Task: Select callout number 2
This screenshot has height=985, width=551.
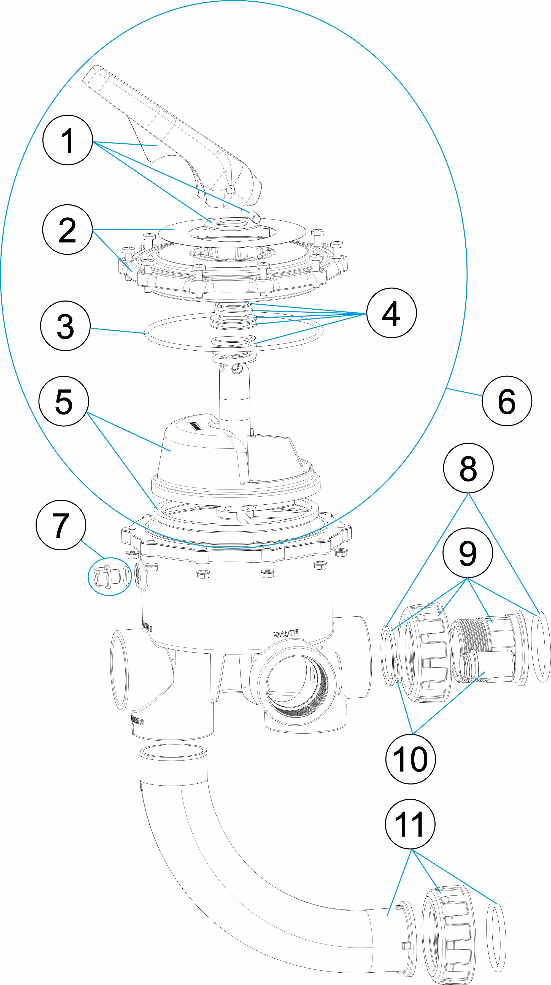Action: pos(67,229)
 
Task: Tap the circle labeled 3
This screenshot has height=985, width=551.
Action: pos(65,326)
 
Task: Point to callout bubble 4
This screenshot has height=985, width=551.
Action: pos(391,313)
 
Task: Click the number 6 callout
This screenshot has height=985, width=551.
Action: pos(507,401)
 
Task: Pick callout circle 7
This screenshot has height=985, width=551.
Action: pos(61,525)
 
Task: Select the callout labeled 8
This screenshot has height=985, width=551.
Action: pos(468,468)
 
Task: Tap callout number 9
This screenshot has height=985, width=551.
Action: pos(467,553)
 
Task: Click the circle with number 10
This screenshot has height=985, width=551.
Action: pos(410,759)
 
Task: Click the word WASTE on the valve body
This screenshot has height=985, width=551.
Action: pos(286,634)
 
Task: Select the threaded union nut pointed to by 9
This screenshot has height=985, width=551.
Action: pos(425,654)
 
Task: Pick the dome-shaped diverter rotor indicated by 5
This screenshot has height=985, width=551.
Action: pos(199,455)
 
